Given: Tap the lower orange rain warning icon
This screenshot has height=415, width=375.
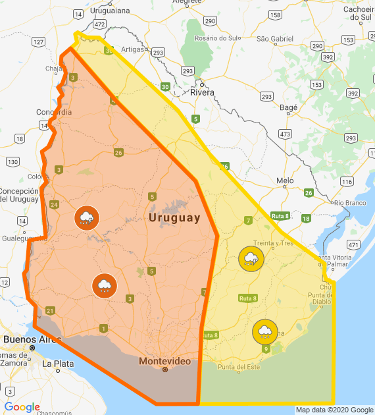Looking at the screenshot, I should [104, 285].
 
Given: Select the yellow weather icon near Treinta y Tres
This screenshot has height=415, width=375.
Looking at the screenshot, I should [251, 258].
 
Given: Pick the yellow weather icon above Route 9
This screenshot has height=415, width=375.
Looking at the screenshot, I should [264, 331].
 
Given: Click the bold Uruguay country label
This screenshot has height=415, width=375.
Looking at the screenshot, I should [174, 218].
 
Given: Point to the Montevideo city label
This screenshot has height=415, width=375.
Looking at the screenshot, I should [165, 362].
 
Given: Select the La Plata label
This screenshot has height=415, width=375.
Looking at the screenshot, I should [56, 363].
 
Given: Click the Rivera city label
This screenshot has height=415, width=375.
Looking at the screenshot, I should [202, 93].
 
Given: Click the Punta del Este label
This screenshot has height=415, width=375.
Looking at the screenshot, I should [239, 367].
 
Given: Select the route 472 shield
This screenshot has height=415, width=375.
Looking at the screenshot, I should [99, 24].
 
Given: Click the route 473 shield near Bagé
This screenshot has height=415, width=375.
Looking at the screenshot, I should [285, 134].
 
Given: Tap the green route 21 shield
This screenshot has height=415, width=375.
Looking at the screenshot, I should [50, 311].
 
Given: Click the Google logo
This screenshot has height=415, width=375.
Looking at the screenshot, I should [22, 407].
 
